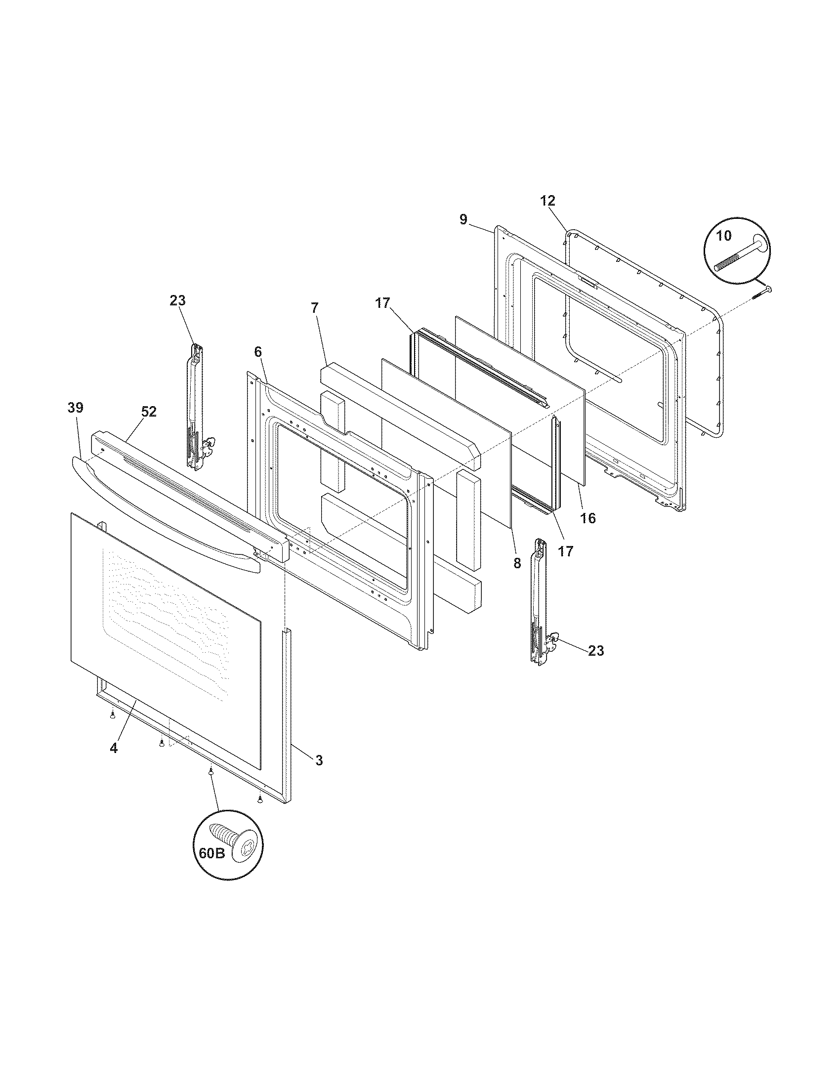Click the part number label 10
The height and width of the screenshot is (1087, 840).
(724, 235)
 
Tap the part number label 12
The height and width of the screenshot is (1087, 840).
(547, 201)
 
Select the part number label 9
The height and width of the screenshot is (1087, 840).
(463, 219)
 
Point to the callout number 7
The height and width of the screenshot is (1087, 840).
(314, 308)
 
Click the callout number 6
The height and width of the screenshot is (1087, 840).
(257, 352)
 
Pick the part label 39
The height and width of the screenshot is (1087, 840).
(76, 408)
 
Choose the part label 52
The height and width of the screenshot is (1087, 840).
(149, 412)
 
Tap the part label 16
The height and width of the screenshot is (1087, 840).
(588, 518)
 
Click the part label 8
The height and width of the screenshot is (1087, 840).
(517, 563)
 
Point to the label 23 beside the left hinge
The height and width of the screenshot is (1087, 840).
(178, 300)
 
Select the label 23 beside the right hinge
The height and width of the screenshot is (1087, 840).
(596, 651)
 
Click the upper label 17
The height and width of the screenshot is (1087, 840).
(382, 303)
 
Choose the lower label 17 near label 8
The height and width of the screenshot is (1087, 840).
(566, 551)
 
